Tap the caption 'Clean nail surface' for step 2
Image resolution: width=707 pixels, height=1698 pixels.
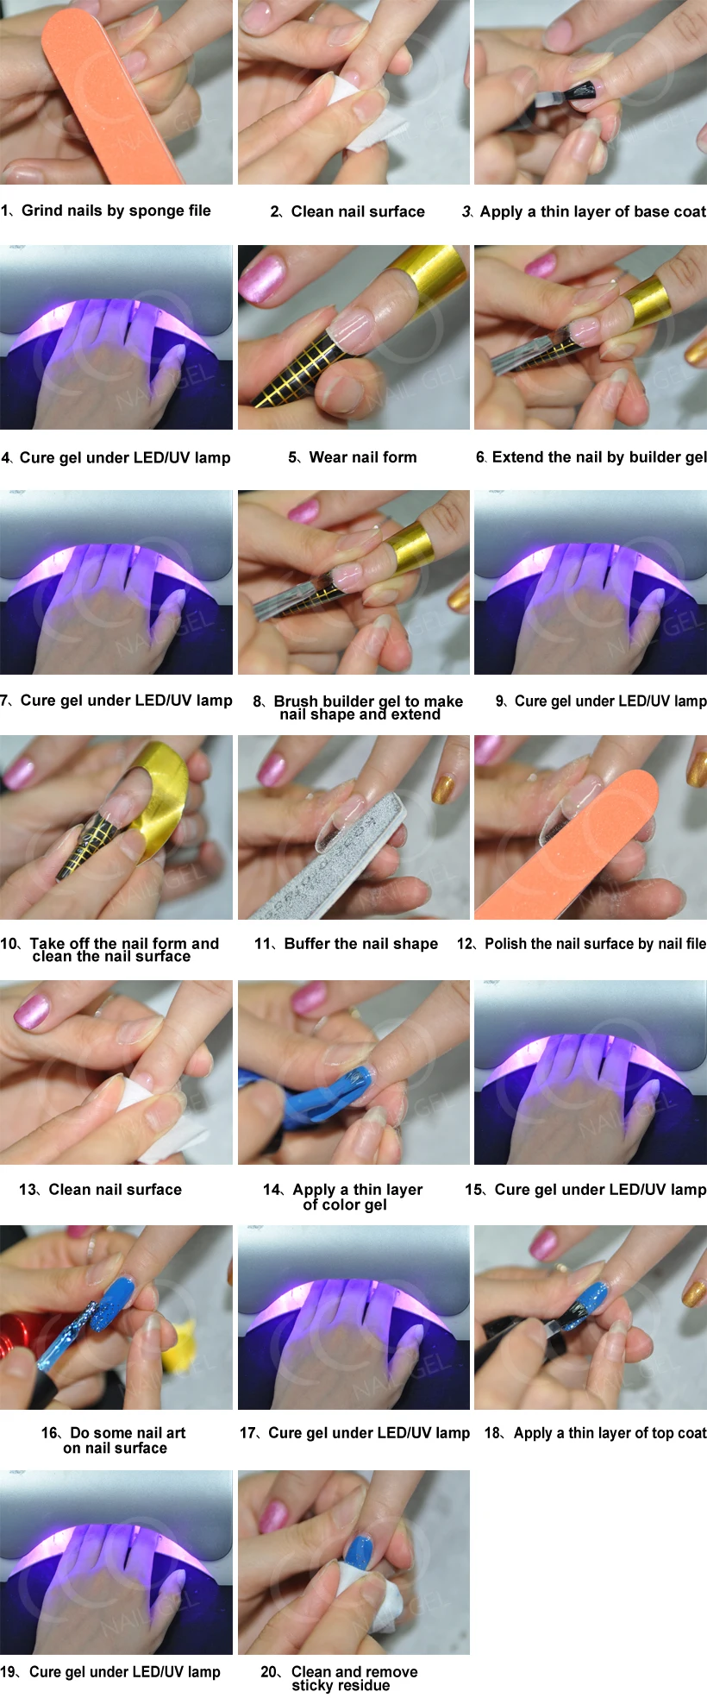click(358, 211)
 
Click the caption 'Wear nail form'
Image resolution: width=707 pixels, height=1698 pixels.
click(362, 457)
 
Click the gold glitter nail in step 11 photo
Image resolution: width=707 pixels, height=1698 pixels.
click(444, 785)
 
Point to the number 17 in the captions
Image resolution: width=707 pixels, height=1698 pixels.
click(248, 1433)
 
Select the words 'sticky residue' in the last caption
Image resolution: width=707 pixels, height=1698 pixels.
click(341, 1686)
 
